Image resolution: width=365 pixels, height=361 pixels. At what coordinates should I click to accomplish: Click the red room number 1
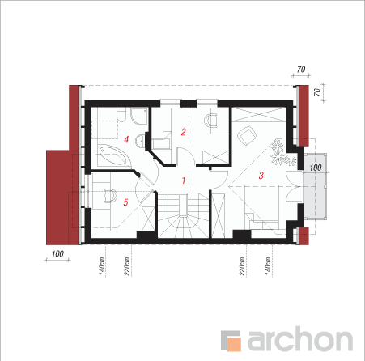(184, 180)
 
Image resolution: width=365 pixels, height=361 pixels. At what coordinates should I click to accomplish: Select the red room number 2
(184, 132)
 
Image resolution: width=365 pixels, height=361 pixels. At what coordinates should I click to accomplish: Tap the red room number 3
(261, 176)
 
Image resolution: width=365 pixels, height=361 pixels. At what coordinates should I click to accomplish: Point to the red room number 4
(126, 139)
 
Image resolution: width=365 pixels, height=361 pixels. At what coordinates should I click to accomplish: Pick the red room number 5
(125, 202)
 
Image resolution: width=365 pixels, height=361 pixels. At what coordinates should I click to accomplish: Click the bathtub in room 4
(112, 155)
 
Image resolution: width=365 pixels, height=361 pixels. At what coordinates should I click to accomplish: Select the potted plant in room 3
(282, 153)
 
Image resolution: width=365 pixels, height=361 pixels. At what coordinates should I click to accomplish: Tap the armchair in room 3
(248, 135)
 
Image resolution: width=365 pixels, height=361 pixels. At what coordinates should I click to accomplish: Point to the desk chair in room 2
(211, 121)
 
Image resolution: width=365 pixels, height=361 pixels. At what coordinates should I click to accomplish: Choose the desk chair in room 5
(111, 195)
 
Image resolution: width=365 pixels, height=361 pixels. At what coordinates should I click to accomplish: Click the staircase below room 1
(183, 215)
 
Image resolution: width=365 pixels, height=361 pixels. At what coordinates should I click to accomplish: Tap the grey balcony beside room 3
(315, 187)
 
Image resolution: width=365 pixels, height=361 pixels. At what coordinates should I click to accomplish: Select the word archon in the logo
(299, 338)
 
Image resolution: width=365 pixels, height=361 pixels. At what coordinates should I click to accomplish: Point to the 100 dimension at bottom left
(57, 254)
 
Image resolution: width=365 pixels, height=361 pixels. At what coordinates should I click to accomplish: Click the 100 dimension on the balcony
(316, 168)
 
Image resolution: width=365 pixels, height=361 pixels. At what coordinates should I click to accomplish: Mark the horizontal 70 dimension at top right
(301, 70)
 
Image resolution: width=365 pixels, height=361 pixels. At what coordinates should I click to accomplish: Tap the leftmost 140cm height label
(101, 266)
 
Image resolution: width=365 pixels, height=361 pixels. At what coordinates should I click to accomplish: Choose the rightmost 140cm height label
(268, 266)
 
